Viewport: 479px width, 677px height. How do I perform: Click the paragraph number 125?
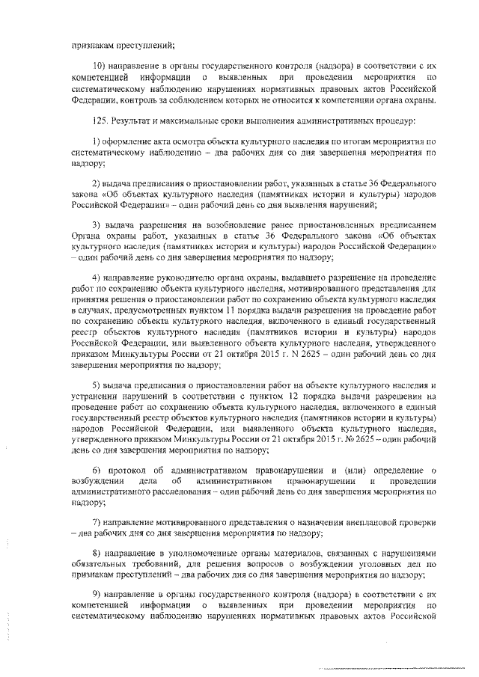[98, 121]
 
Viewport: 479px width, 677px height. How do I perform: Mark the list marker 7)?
[97, 522]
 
